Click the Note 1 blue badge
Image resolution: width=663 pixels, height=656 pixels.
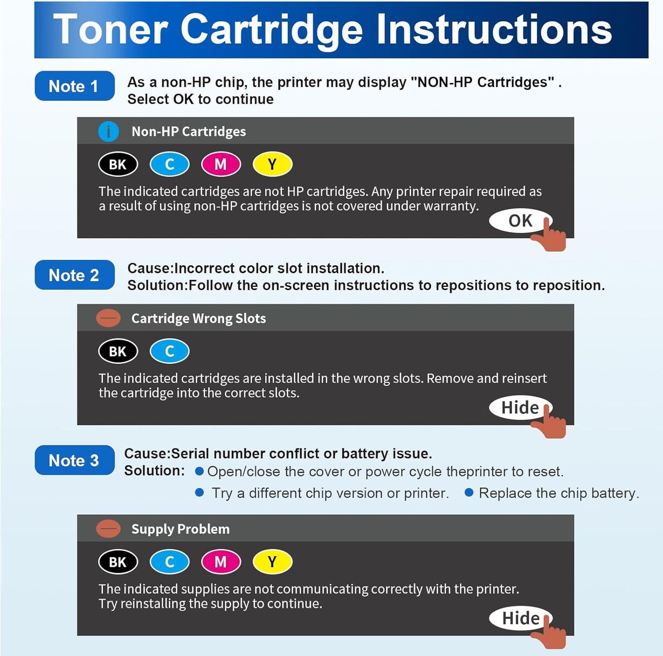pos(74,86)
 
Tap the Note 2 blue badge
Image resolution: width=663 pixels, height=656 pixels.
pos(74,275)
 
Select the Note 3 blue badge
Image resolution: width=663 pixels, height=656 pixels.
pos(74,460)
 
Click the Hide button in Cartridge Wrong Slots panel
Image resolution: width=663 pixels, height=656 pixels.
pos(520,407)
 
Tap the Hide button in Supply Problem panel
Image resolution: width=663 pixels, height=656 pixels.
pos(520,618)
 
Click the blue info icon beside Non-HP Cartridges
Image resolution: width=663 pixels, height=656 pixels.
pos(109,132)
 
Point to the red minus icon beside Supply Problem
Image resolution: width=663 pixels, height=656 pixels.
pos(108,529)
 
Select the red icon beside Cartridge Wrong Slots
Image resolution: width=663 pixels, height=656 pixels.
pos(108,318)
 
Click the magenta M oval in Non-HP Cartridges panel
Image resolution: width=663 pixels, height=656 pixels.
pos(221,164)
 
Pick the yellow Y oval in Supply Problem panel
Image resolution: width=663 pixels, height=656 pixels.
pos(272,561)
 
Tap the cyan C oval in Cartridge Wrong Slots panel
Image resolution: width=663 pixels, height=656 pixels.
pos(169,351)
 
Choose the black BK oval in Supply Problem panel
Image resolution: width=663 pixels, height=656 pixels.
pos(118,561)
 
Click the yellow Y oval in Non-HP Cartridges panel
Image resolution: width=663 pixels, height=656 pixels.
pos(272,164)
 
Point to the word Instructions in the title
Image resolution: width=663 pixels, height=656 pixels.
pos(494,30)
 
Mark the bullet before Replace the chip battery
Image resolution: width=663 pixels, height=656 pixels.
pos(469,493)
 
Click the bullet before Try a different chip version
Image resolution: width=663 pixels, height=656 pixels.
pos(200,493)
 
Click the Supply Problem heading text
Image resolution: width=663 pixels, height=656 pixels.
pos(180,529)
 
